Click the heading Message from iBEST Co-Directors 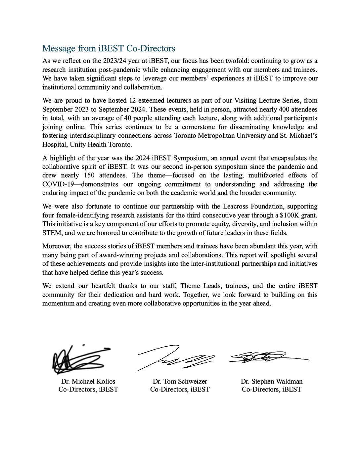109,48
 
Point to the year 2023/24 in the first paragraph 114,61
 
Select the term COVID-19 58,184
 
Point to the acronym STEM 52,233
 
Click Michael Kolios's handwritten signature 79,359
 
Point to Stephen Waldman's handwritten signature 265,357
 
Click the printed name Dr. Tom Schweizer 180,381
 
